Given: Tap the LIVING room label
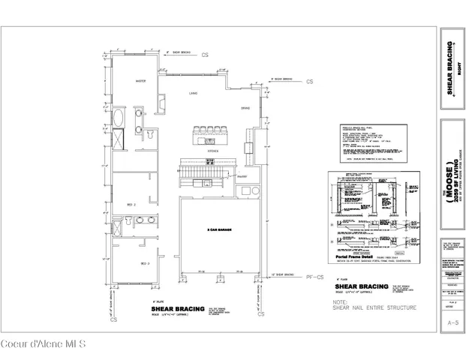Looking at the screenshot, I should tap(194, 94).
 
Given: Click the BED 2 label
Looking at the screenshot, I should tap(130, 204).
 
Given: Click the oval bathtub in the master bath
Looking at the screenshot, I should tap(119, 116).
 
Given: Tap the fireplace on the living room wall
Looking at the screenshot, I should tap(163, 100).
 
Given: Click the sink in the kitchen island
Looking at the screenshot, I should tap(210, 139).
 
